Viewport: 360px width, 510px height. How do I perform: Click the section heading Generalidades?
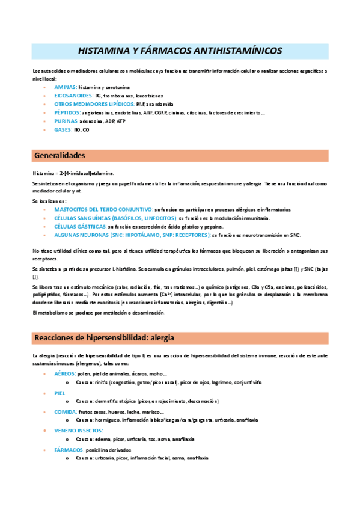(x=60, y=155)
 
